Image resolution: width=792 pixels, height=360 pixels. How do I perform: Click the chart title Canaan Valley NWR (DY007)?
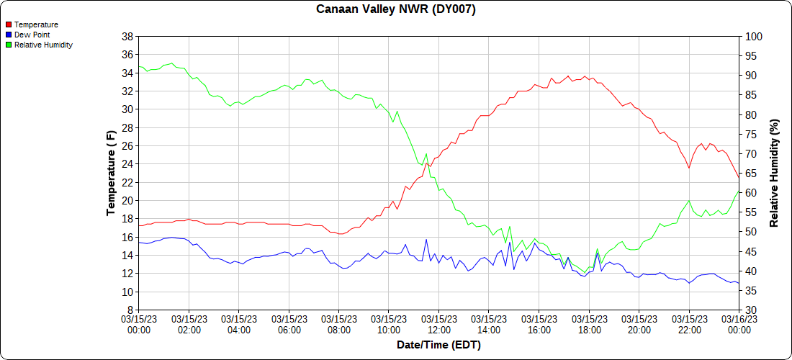[x=396, y=9]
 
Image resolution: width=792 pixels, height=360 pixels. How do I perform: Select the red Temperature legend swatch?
[x=9, y=24]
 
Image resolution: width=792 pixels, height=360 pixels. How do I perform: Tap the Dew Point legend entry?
[x=32, y=35]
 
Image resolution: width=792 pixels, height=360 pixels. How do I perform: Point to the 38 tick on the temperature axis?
[x=127, y=36]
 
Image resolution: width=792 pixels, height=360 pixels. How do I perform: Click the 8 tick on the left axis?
[x=130, y=310]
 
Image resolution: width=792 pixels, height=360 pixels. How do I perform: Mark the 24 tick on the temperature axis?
[x=127, y=163]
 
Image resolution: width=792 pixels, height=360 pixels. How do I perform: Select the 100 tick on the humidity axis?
[x=753, y=36]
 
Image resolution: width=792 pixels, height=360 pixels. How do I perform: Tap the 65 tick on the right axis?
[x=751, y=173]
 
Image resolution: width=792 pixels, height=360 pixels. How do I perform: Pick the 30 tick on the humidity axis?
[x=751, y=310]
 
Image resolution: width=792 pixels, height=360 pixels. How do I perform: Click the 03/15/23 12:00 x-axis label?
[x=438, y=324]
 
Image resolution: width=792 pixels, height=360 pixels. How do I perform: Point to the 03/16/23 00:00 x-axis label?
[x=739, y=324]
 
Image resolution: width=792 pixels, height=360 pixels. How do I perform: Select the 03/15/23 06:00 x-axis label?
[x=289, y=324]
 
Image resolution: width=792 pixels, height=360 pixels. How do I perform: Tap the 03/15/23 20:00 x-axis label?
[x=639, y=324]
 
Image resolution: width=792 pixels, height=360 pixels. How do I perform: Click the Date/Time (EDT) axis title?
[x=438, y=345]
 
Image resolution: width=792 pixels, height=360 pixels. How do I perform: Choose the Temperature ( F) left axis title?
[x=111, y=173]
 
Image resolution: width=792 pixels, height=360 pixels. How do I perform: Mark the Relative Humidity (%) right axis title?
[x=774, y=173]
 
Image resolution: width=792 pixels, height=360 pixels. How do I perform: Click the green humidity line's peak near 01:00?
[x=171, y=63]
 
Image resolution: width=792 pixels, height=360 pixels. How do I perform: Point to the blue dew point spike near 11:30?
[x=426, y=240]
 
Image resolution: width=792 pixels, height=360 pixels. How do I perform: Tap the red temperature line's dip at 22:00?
[x=689, y=168]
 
